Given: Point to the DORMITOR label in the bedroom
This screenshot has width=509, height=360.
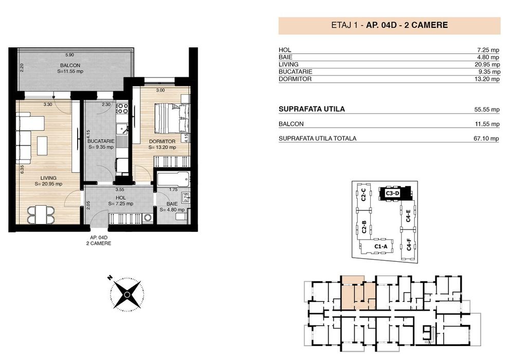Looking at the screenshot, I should (162, 141).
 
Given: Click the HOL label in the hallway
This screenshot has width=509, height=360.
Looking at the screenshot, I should (121, 197).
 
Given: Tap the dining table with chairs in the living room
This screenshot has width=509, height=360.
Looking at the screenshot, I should (40, 214).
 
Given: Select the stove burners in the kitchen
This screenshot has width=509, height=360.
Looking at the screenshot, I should (122, 109).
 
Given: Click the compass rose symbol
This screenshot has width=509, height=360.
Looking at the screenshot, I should (126, 294).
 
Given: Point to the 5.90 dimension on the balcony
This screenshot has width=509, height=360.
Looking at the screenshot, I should (69, 55).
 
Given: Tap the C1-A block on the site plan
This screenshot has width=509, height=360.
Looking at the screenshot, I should (380, 247).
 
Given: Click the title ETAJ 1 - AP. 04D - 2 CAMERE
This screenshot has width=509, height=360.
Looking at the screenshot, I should (389, 25).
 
